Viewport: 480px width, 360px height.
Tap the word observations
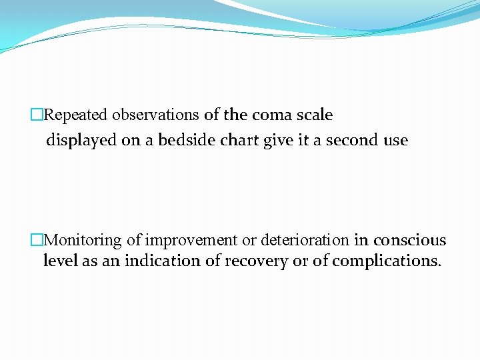click(155, 115)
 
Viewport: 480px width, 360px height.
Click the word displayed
click(78, 141)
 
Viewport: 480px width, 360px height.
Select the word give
click(280, 141)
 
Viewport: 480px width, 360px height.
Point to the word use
click(395, 141)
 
